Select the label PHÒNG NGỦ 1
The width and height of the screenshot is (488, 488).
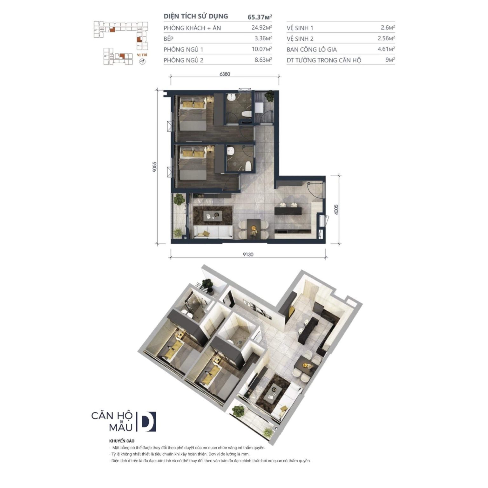pos(183,50)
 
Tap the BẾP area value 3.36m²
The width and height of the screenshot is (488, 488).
pos(263,38)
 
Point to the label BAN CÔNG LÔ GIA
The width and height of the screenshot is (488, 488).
pos(311,50)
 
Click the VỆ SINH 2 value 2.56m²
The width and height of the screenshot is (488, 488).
pos(386,38)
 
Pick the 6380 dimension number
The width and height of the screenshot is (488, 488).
pos(225,74)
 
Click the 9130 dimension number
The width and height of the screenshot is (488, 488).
pos(248,254)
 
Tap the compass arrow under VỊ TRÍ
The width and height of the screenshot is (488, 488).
pos(142,61)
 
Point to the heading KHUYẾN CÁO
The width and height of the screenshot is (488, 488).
pos(122,441)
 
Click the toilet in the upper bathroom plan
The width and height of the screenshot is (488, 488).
pos(246,114)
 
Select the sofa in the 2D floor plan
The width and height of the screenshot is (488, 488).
pos(213,232)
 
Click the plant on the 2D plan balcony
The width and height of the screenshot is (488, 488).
pos(179,199)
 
